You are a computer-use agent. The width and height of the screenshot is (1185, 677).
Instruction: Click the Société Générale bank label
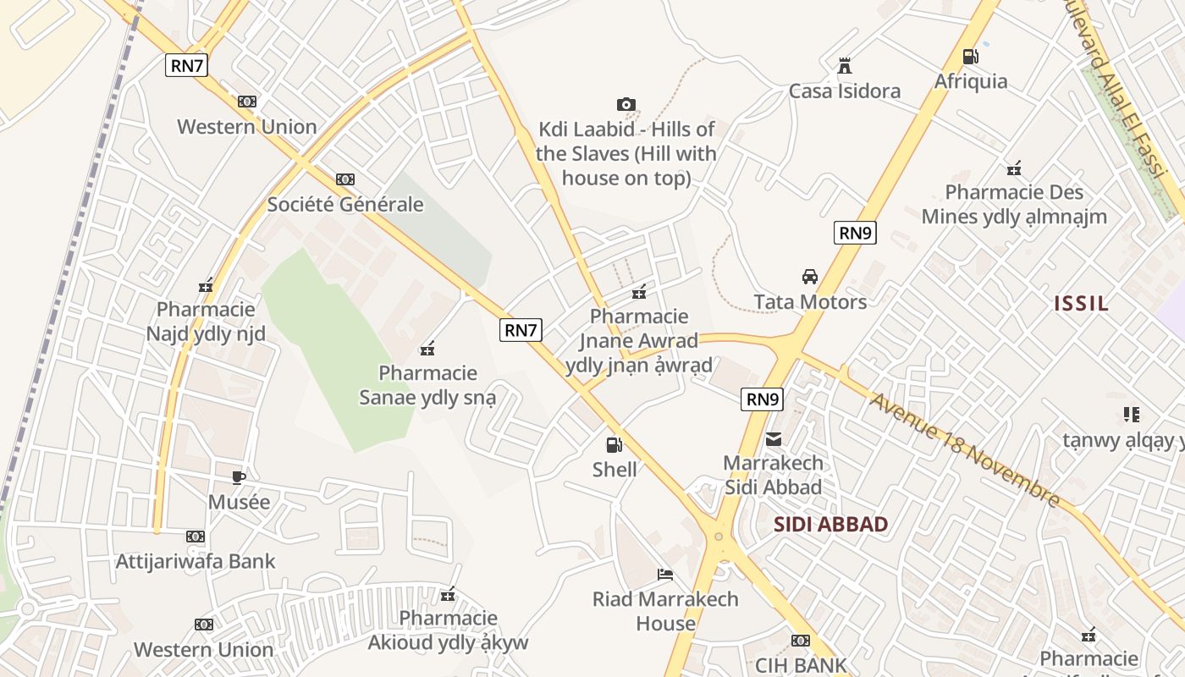point(345,204)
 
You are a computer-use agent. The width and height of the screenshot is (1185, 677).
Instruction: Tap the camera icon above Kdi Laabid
point(626,105)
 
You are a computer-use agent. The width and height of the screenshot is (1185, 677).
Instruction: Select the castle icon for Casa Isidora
point(844,66)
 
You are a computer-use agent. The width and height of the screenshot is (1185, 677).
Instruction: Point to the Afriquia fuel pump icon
point(970,57)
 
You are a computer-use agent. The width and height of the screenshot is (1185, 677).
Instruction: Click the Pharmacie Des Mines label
point(1014,204)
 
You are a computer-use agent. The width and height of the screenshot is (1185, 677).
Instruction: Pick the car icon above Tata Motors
point(810,277)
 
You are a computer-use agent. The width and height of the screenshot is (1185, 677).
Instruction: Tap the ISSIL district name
point(1081,303)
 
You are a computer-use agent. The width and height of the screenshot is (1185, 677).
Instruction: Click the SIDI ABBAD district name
point(830,524)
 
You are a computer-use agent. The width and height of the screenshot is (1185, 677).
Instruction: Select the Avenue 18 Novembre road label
point(964,450)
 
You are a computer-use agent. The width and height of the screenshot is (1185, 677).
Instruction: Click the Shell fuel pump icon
point(614,444)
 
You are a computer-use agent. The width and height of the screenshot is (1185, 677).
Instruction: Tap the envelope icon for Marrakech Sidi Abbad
point(774,439)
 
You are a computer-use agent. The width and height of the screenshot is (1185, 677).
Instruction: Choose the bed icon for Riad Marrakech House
point(665,575)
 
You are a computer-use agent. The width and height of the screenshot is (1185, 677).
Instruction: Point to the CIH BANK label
point(801,665)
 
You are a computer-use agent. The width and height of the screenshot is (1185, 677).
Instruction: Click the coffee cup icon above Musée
point(239,477)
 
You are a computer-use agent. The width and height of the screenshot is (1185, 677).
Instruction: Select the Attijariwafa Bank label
point(196,561)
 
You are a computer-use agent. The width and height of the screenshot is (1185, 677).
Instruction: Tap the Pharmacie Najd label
point(206,322)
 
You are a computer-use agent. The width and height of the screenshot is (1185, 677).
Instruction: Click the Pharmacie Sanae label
point(427,385)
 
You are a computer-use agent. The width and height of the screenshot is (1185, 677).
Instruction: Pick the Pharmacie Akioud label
point(448,630)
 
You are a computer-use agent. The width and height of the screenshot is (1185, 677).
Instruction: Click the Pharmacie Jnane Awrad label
point(639,340)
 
